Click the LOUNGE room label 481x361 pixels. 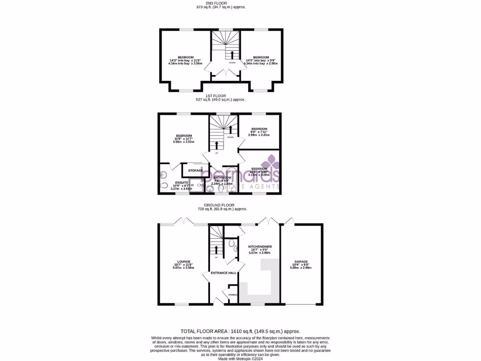[183, 261]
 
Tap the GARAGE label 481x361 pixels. [301, 261]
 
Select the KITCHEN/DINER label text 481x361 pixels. [260, 246]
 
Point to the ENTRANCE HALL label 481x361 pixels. [224, 273]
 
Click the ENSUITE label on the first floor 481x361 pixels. [182, 182]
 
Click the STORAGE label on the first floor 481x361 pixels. [195, 170]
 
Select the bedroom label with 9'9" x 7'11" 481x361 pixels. [259, 129]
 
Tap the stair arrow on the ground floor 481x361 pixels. [216, 249]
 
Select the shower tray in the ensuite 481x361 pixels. [201, 188]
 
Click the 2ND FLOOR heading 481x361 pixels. [220, 3]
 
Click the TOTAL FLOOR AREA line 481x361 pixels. [240, 331]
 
